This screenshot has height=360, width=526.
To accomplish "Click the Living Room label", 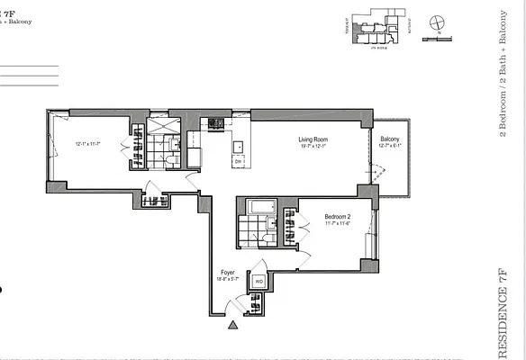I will point(317,139).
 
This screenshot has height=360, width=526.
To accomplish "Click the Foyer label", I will point(228,272).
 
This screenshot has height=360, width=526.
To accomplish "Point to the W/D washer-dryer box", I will point(258,282).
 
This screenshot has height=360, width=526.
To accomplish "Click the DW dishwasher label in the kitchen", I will point(239,162).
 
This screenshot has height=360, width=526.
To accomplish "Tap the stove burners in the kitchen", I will point(215,123).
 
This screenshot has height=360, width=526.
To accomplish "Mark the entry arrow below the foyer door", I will point(233,327).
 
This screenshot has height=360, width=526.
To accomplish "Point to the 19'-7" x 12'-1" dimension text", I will point(317,147).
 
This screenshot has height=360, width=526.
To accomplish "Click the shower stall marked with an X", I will point(163,127).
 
